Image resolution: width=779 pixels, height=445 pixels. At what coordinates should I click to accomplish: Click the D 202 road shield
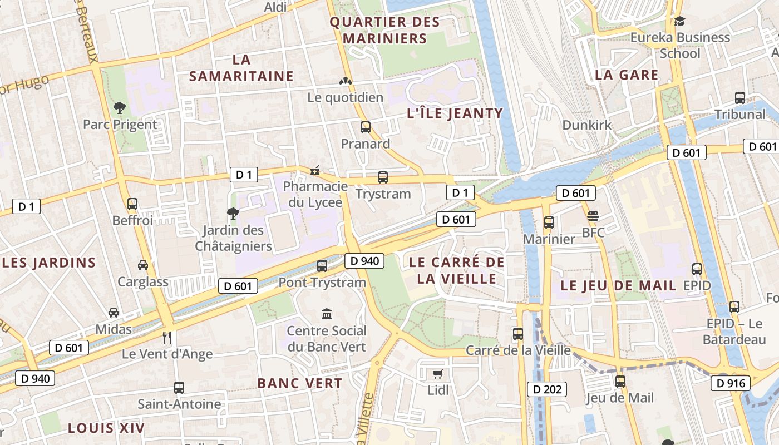[546, 389]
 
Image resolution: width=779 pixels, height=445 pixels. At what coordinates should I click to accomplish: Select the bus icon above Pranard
[365, 127]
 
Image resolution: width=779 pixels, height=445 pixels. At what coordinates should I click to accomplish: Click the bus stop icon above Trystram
[383, 177]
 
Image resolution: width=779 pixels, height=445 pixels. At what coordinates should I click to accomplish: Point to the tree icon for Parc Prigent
[120, 107]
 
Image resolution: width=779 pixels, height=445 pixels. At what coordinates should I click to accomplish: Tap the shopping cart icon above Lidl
[438, 374]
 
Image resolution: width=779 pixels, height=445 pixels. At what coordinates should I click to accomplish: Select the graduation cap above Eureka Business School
[679, 21]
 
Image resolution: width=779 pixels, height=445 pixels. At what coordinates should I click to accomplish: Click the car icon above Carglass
[143, 265]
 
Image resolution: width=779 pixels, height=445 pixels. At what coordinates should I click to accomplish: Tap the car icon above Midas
[114, 313]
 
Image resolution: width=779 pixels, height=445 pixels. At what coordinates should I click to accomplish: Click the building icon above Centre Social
[327, 314]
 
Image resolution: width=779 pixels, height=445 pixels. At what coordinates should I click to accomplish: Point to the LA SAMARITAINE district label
[241, 68]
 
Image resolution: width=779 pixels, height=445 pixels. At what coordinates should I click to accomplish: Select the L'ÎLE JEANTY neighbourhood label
[455, 114]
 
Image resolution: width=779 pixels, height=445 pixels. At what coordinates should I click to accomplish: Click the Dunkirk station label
[586, 125]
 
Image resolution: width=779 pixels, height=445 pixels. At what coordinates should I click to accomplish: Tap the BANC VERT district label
[299, 383]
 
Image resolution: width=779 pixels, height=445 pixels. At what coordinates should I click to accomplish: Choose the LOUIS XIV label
[106, 428]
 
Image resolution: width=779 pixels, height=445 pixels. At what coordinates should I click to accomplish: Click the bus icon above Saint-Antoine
[179, 387]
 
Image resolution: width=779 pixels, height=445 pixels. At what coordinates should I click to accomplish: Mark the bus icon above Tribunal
[740, 98]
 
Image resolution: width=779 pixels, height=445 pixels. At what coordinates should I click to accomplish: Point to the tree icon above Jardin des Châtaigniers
[233, 213]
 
